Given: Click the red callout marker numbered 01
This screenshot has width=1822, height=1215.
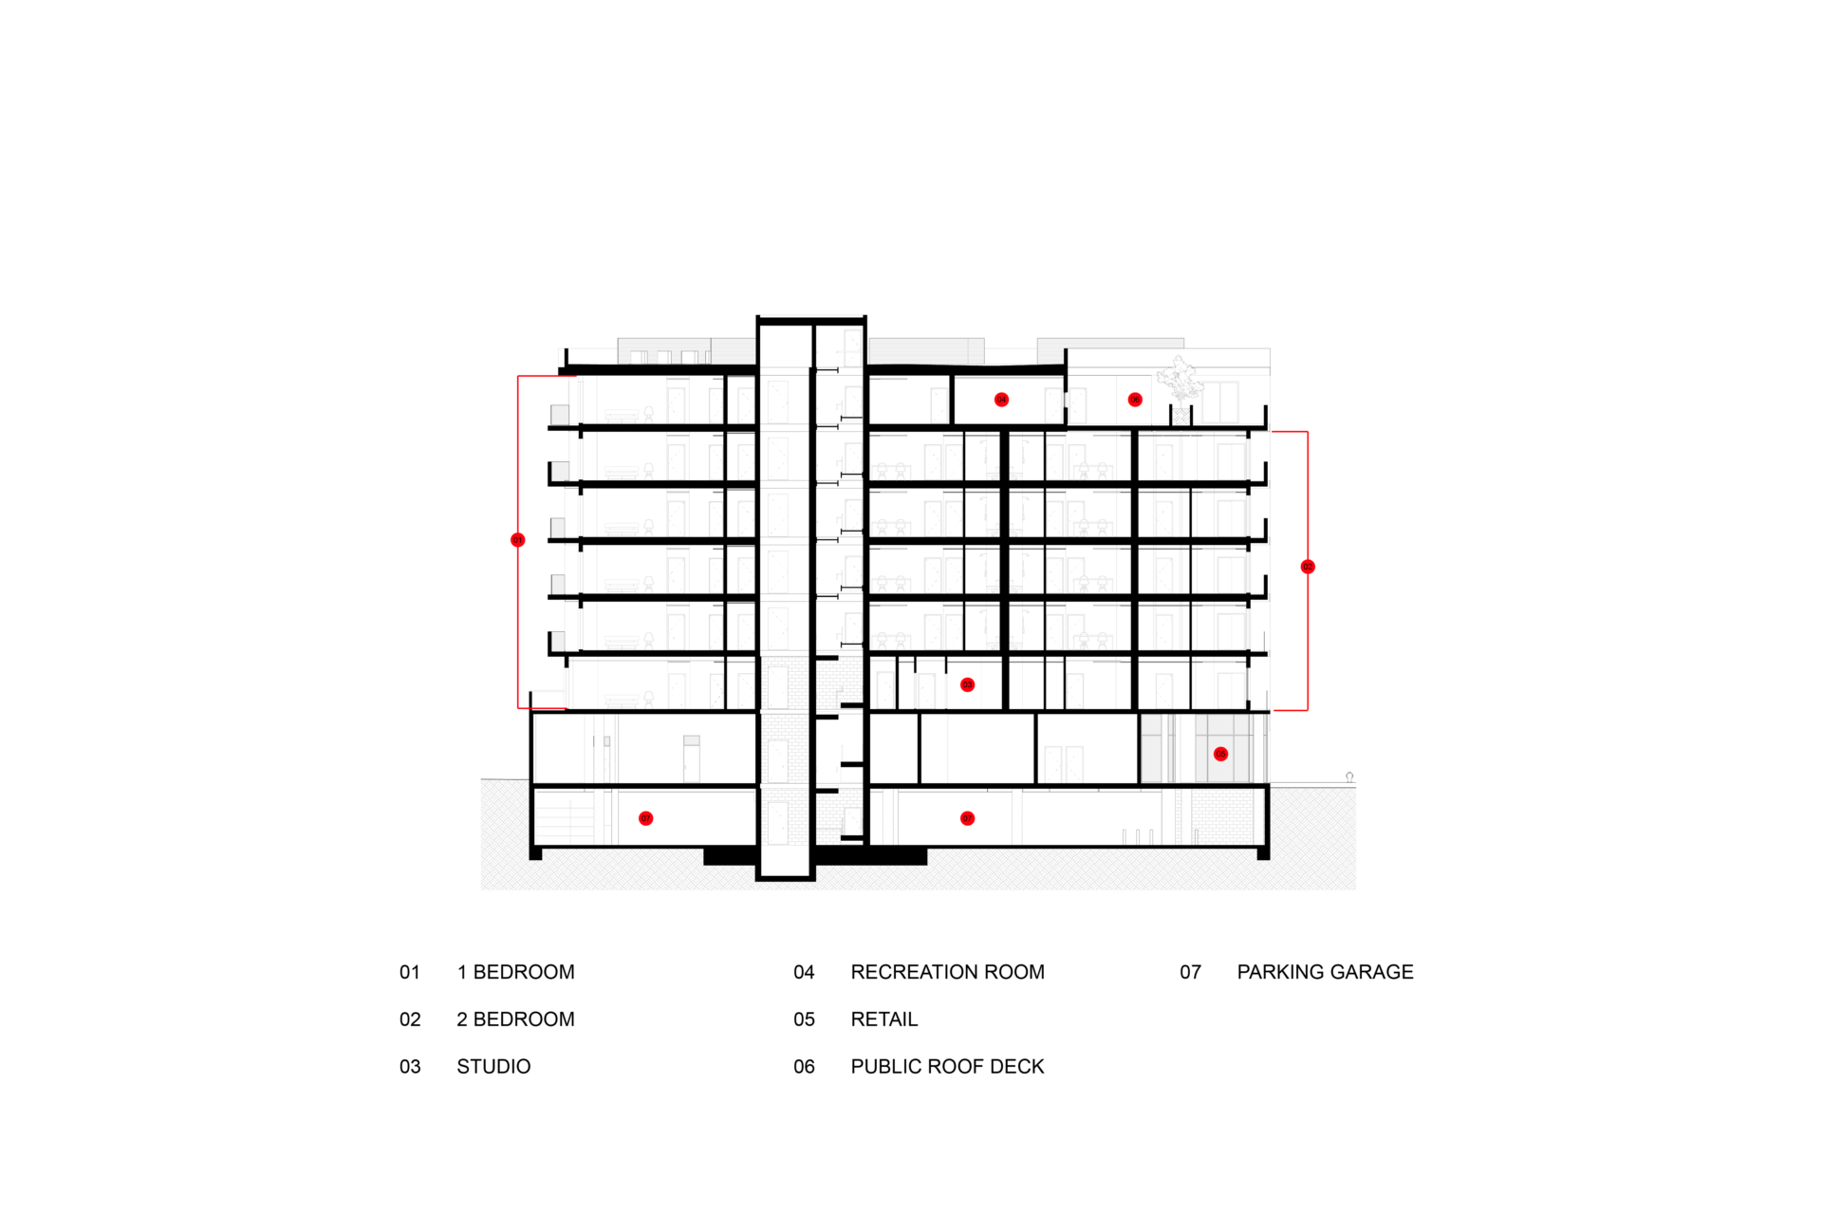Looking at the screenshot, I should pos(517,540).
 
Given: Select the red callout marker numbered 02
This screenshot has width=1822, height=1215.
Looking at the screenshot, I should pos(1308,567).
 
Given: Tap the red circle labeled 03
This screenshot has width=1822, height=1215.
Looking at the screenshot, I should pos(967,684).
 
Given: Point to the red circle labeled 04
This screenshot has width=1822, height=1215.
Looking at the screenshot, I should pos(1001,400).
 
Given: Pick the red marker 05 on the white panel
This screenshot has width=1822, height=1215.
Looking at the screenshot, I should pos(1220,754).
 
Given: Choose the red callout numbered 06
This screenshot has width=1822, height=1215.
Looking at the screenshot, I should pos(1135,400).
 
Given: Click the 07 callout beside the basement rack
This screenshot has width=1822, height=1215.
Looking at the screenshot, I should pos(645,818).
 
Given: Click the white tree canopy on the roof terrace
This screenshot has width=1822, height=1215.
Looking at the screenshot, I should pos(1180,379).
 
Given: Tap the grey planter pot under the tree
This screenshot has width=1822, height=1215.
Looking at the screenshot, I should pos(1181,416).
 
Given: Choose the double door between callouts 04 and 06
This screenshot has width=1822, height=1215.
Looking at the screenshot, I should pos(1065,405).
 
